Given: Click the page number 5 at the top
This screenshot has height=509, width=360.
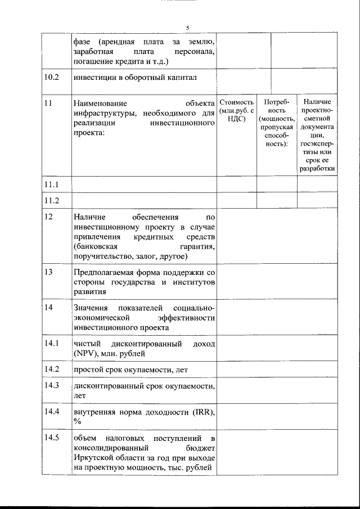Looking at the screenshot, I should pyautogui.click(x=187, y=28).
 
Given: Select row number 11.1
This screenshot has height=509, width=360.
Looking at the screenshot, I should pyautogui.click(x=51, y=184).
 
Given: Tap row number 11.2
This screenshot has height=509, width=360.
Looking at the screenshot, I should pyautogui.click(x=51, y=200).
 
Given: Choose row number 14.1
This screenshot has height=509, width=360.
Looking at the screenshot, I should pyautogui.click(x=51, y=343).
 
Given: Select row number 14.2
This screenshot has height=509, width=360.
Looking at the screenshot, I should pyautogui.click(x=51, y=369).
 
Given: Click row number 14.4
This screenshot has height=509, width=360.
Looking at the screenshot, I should pyautogui.click(x=51, y=411).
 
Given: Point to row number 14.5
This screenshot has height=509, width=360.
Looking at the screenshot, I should pyautogui.click(x=51, y=438).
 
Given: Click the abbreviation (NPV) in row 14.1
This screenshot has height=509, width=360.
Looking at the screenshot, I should pyautogui.click(x=85, y=353).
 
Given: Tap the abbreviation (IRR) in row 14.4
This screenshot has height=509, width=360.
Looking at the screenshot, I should pyautogui.click(x=200, y=412).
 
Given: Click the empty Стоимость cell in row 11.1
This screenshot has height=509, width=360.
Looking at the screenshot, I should pyautogui.click(x=236, y=184).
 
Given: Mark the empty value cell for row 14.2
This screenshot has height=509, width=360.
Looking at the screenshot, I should pyautogui.click(x=276, y=369).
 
